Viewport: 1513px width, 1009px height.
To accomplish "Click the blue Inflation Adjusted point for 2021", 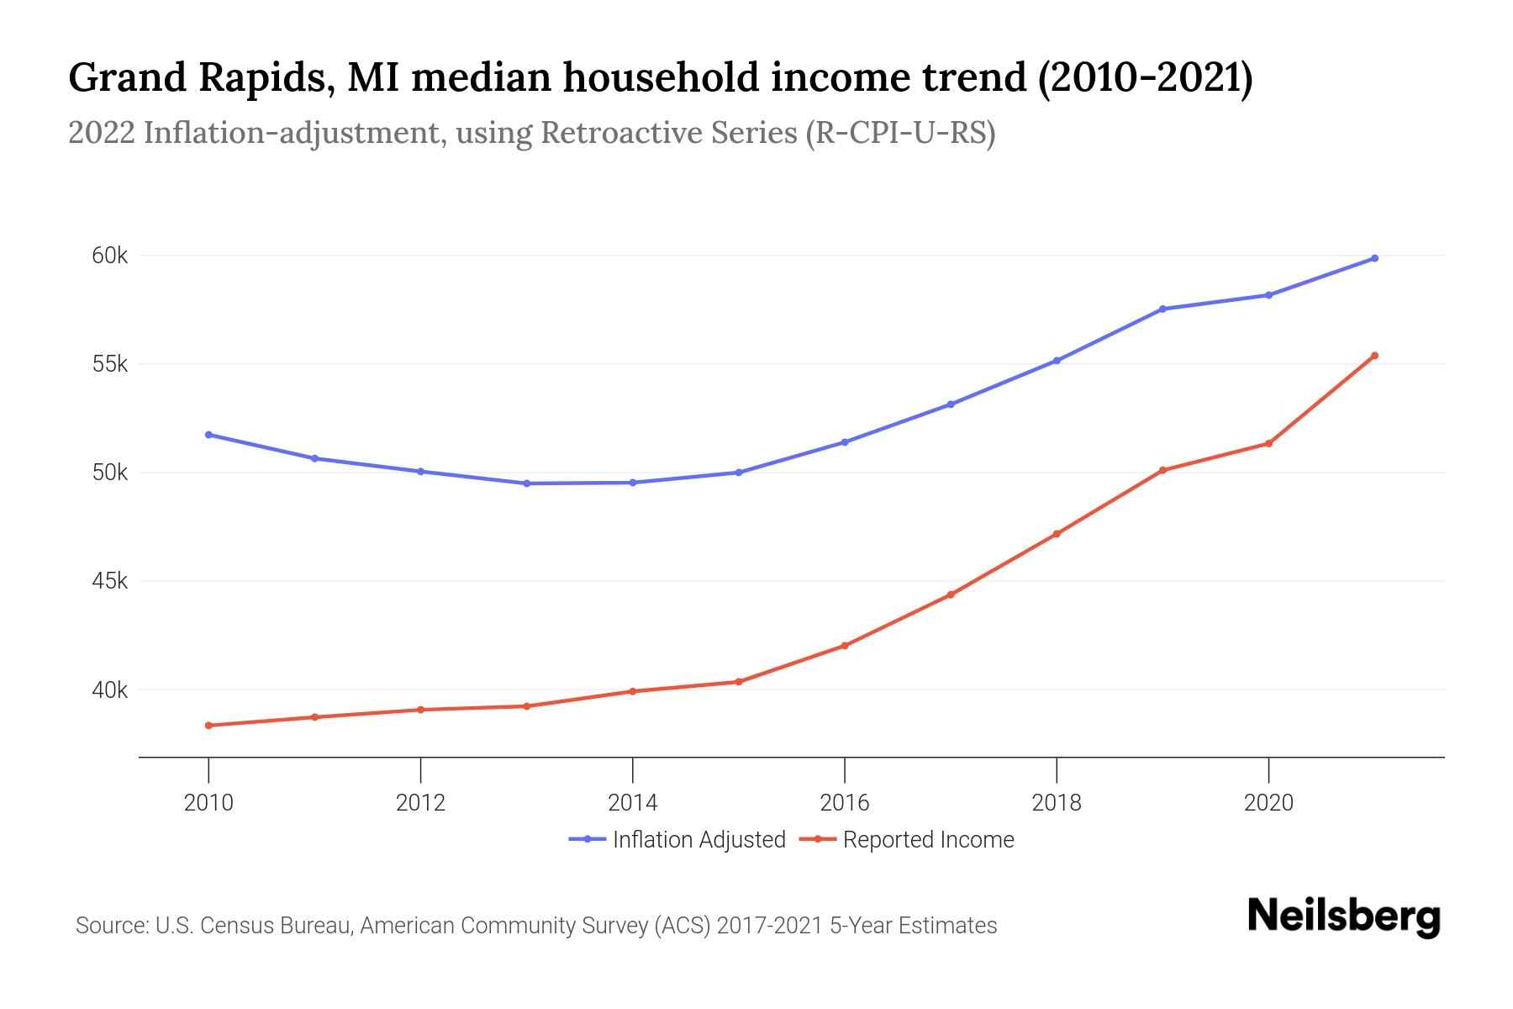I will click(1374, 258).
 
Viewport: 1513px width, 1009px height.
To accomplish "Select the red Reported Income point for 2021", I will click(1374, 356).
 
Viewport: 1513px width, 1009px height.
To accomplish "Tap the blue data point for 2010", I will click(208, 435).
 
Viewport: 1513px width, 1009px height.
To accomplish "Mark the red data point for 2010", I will click(208, 725).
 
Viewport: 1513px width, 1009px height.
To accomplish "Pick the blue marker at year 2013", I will click(527, 483).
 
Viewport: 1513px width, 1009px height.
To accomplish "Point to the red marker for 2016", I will click(845, 646).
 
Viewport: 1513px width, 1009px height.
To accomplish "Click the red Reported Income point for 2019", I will click(1162, 470).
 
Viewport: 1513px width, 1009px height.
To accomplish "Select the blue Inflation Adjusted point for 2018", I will click(1057, 361).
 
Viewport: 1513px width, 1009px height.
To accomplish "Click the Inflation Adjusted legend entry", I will click(677, 839).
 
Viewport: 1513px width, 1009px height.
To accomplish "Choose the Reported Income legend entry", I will click(908, 839).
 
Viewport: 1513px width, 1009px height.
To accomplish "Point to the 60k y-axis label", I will click(109, 256).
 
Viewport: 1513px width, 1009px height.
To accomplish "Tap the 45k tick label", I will click(109, 581).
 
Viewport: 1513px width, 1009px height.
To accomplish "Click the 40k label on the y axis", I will click(109, 690).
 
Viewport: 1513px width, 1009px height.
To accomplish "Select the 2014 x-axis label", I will click(632, 802).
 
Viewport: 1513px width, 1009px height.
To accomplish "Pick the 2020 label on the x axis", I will click(1268, 802).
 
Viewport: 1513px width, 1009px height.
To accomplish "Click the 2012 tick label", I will click(420, 802).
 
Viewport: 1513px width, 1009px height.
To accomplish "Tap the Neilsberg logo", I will click(1343, 916).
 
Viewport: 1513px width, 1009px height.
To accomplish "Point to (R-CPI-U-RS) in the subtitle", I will click(899, 133).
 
